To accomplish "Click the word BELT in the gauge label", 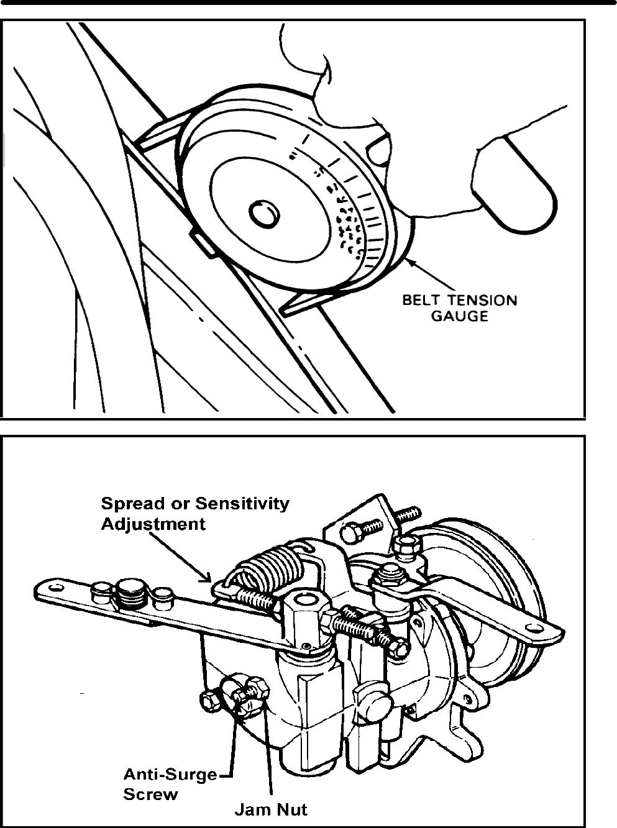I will pos(420,301).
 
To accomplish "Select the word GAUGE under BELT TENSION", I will pos(459,316).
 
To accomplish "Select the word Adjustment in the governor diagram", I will pos(153,524).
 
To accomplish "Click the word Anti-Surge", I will pos(170,775).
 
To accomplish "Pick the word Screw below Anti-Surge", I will pos(150,794).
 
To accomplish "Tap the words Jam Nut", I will pos(270,809).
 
